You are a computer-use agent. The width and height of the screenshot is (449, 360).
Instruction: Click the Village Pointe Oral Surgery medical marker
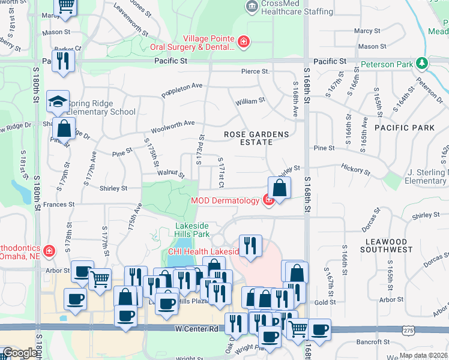[x=244, y=41]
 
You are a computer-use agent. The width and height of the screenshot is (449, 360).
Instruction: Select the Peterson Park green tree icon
[x=422, y=63]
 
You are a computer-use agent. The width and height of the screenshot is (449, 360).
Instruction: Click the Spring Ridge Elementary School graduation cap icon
[x=58, y=101]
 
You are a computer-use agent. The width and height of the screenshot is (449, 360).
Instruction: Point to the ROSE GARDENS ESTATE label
[x=256, y=138]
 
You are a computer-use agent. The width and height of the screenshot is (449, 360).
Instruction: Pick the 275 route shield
[x=409, y=330]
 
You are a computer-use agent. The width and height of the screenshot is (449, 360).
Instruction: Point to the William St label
[x=250, y=102]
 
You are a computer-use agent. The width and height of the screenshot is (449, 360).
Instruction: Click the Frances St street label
[x=59, y=204]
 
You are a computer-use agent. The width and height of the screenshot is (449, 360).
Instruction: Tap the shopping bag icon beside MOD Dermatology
[x=279, y=187]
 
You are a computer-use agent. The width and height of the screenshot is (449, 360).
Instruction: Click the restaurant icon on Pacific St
[x=62, y=61]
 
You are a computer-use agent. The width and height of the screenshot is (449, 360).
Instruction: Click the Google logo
[x=20, y=353]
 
